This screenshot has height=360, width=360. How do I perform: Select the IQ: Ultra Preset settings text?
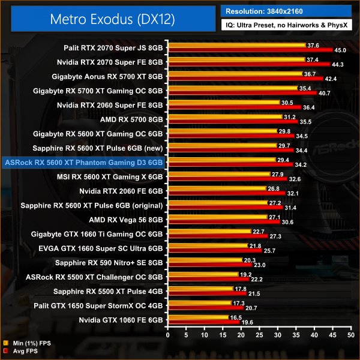[287, 26]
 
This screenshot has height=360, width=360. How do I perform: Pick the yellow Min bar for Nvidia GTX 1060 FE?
[199, 317]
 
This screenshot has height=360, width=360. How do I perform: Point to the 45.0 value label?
[340, 50]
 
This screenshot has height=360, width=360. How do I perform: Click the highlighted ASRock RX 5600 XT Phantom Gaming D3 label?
[83, 162]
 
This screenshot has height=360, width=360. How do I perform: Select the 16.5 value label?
[236, 317]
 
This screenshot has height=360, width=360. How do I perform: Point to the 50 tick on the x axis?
[351, 333]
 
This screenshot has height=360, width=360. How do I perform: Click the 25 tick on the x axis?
[260, 333]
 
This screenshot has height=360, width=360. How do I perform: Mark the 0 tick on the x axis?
[170, 333]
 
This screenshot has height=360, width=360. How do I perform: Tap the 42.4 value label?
[331, 79]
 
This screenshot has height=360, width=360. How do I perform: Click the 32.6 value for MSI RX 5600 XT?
[295, 179]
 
